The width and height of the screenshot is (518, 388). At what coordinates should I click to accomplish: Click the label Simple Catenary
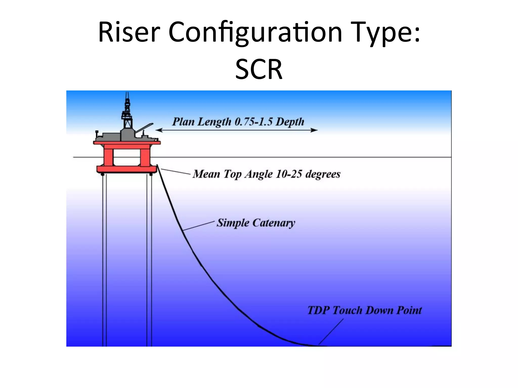pos(256,223)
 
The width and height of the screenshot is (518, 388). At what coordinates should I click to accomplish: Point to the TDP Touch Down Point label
pos(364,310)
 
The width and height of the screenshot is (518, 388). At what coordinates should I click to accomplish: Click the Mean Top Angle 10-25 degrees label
pos(266,174)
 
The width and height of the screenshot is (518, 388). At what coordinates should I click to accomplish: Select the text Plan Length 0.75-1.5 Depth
pos(238,122)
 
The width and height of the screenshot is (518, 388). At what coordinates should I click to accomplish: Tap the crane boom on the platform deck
pos(144,128)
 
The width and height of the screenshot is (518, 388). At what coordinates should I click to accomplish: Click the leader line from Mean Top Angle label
pos(175,172)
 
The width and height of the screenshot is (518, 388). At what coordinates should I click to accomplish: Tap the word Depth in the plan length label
pos(290,122)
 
